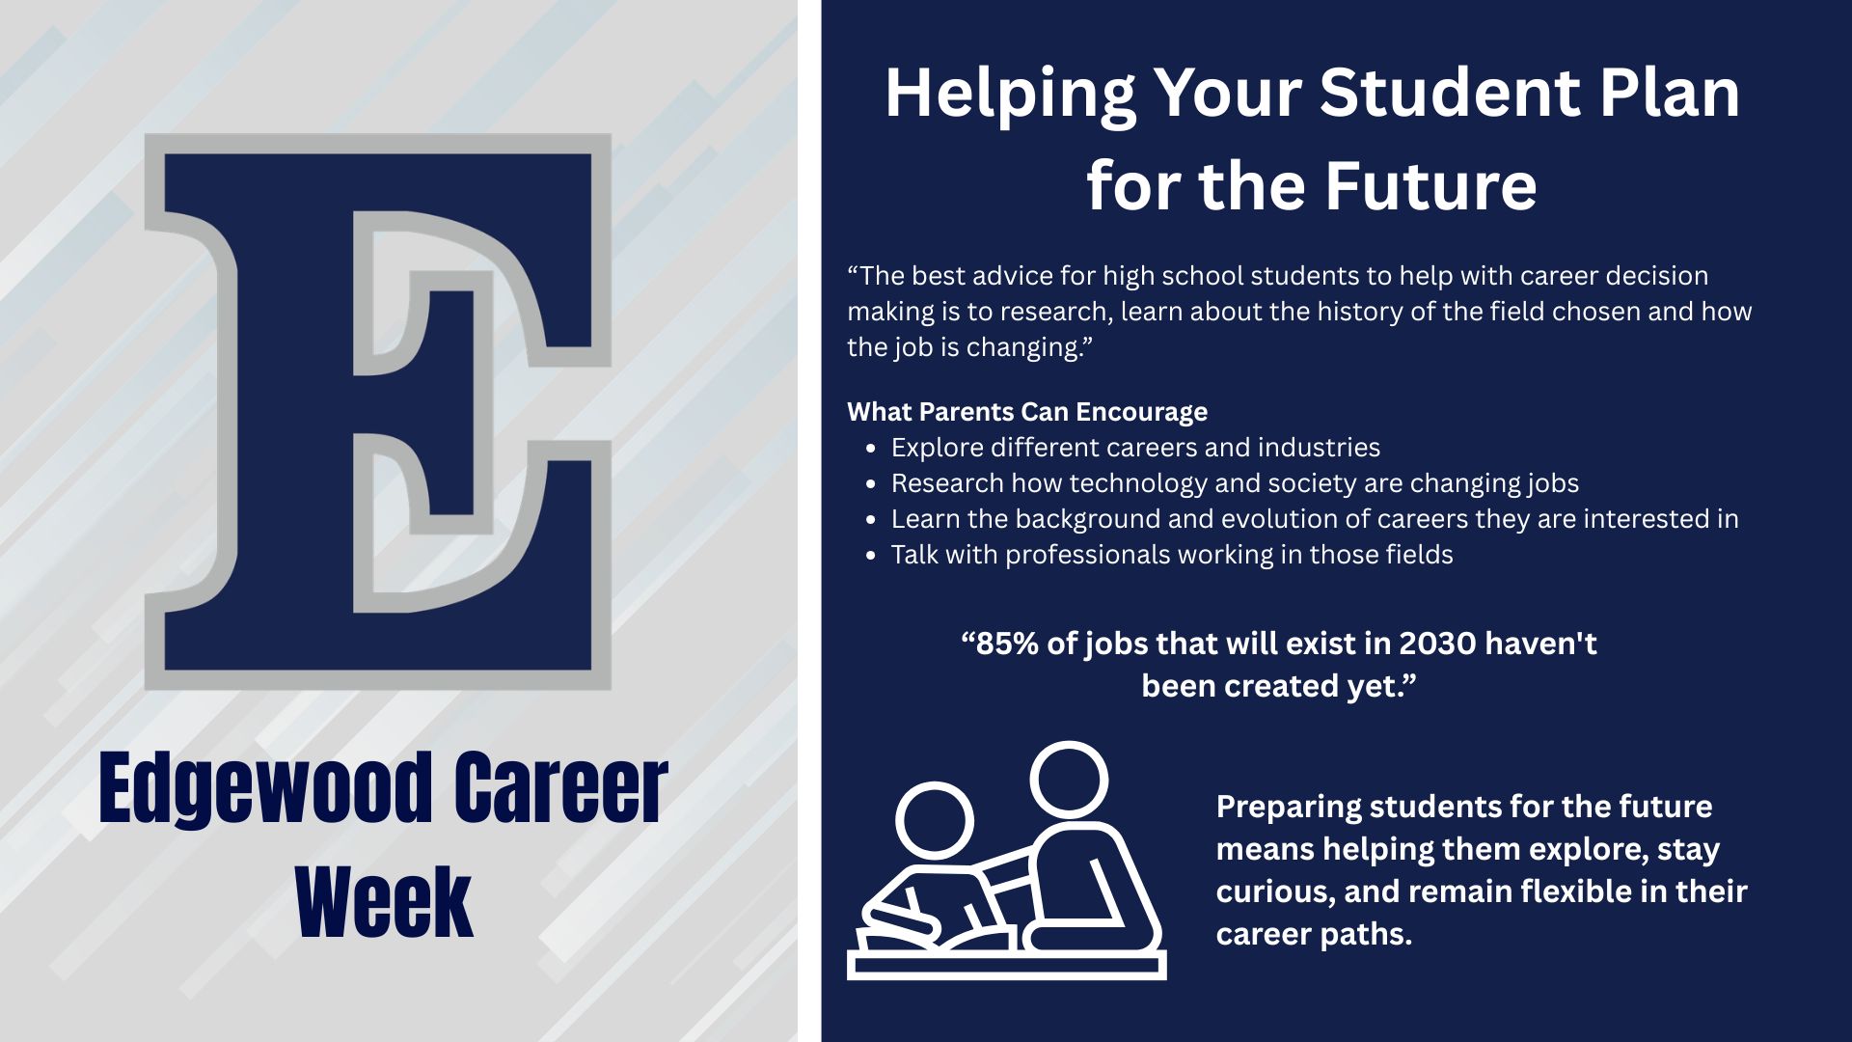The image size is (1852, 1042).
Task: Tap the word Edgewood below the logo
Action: pos(266,789)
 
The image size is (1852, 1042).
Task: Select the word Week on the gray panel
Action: pos(384,902)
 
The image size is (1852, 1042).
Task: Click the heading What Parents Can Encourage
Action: pos(1027,412)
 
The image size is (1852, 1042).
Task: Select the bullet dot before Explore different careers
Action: pos(871,449)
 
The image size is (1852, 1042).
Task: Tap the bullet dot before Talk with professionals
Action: pos(871,556)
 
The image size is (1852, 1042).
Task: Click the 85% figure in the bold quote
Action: pos(1007,644)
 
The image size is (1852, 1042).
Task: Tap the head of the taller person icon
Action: pos(1069,780)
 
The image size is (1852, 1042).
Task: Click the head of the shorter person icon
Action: pos(935,821)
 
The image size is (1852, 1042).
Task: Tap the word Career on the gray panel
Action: pos(560,789)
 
